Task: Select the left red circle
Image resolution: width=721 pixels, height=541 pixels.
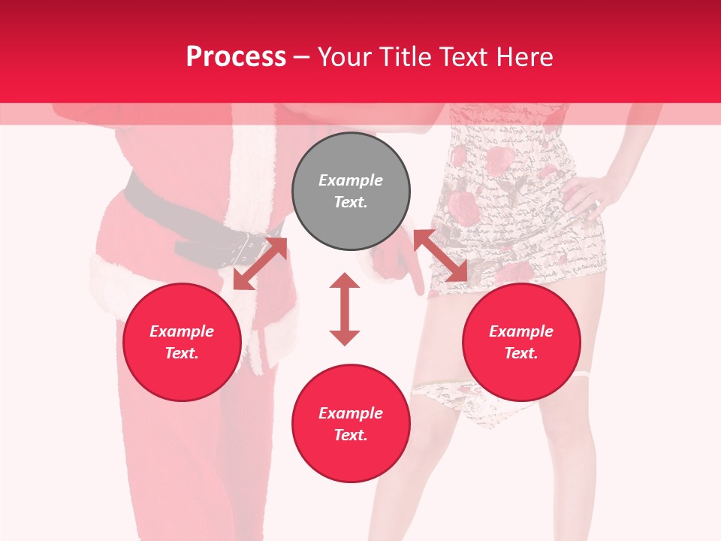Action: click(182, 343)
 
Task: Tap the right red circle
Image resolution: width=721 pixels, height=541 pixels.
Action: click(521, 343)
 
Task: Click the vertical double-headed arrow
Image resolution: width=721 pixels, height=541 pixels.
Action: click(345, 309)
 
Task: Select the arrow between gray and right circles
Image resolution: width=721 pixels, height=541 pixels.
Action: click(440, 255)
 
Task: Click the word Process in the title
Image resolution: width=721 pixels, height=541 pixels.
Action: click(236, 57)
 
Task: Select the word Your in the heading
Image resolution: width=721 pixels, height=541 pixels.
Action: click(343, 57)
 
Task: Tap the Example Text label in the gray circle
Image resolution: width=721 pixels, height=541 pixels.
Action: click(351, 191)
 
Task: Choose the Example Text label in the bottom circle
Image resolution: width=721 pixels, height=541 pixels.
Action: click(351, 424)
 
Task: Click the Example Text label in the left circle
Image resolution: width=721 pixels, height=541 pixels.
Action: click(182, 342)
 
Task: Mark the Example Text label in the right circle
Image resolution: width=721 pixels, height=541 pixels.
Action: click(521, 342)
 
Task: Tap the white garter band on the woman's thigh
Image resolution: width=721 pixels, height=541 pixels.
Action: click(583, 373)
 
